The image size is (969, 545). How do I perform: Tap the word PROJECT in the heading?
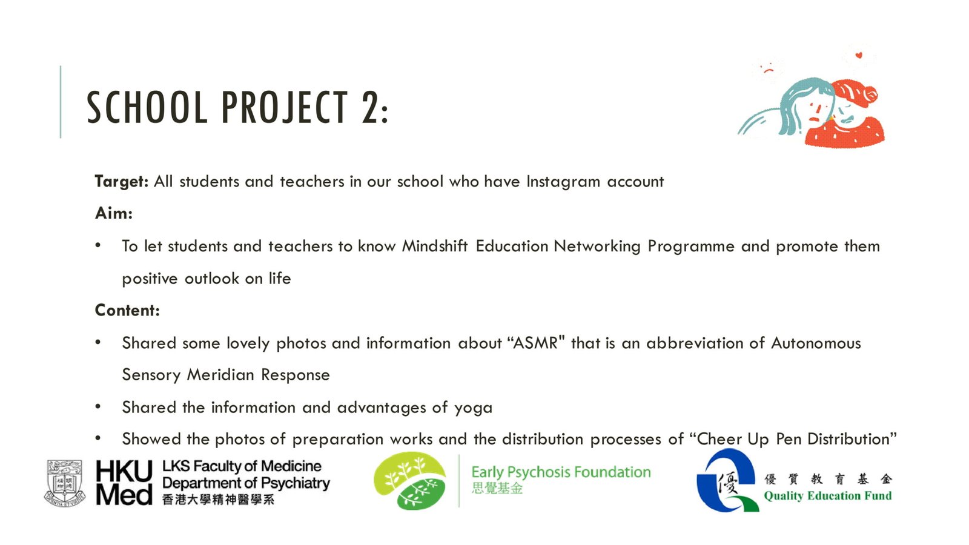pyautogui.click(x=284, y=107)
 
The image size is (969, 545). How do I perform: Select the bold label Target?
pyautogui.click(x=122, y=182)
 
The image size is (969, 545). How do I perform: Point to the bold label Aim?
pyautogui.click(x=114, y=213)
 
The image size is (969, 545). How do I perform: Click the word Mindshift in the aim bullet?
pyautogui.click(x=435, y=246)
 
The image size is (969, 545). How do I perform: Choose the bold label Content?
pyautogui.click(x=127, y=310)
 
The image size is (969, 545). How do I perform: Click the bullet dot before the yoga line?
pyautogui.click(x=98, y=406)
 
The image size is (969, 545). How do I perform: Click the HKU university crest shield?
pyautogui.click(x=65, y=483)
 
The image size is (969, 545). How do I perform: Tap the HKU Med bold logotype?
pyautogui.click(x=124, y=482)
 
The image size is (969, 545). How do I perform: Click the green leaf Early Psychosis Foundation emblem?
pyautogui.click(x=409, y=481)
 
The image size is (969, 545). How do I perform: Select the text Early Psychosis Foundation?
pyautogui.click(x=561, y=472)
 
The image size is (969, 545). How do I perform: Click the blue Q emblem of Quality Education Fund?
pyautogui.click(x=727, y=480)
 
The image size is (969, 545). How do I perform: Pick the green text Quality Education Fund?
pyautogui.click(x=828, y=496)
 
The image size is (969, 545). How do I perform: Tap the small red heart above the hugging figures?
pyautogui.click(x=859, y=55)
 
